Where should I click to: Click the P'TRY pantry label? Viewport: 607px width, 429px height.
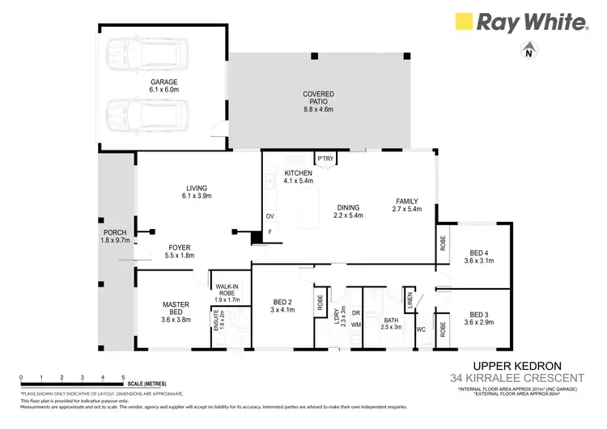pyautogui.click(x=325, y=159)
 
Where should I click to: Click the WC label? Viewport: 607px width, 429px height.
pyautogui.click(x=420, y=331)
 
